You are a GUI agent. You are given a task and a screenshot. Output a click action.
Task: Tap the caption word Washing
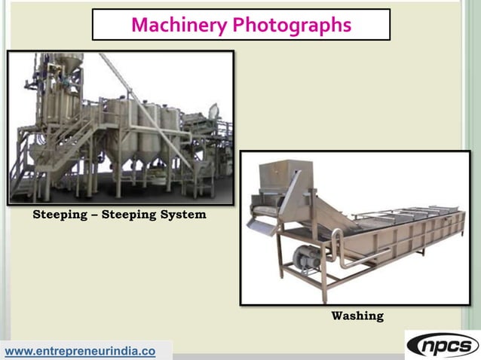pyautogui.click(x=357, y=316)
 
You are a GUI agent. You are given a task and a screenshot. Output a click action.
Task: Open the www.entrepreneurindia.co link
pyautogui.click(x=81, y=351)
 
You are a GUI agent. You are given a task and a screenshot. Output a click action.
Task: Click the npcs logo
pyautogui.click(x=442, y=345)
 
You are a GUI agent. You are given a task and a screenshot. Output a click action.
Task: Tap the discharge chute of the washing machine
pyautogui.click(x=261, y=227)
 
